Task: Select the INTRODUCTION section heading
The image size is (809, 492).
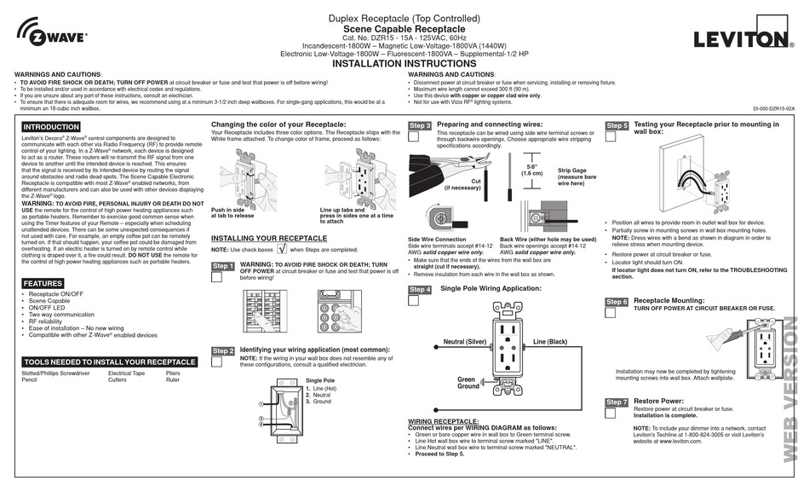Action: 51,127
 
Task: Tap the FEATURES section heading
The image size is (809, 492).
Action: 43,283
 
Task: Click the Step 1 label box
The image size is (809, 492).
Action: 222,267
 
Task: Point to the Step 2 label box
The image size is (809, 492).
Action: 222,350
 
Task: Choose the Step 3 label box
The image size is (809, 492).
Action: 420,125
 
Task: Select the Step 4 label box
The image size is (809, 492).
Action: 420,290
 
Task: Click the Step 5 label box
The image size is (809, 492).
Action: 617,125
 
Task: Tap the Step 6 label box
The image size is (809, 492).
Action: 617,302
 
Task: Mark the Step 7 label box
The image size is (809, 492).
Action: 617,402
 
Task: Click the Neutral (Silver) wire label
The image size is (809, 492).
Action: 465,342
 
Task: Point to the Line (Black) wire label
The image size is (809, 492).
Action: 550,342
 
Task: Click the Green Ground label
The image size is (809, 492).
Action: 467,383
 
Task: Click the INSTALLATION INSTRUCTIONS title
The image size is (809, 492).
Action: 404,64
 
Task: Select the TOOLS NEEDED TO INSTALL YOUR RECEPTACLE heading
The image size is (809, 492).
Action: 110,362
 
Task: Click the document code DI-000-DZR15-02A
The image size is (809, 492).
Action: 772,109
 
